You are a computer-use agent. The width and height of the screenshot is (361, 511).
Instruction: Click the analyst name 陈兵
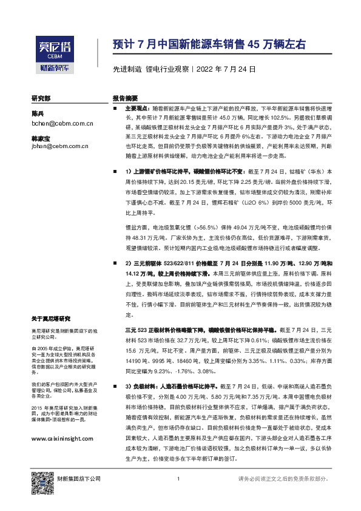point(38,113)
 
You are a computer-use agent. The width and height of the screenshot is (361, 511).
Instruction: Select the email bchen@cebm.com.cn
point(61,123)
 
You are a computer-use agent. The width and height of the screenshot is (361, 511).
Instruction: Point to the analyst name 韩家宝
point(41,138)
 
